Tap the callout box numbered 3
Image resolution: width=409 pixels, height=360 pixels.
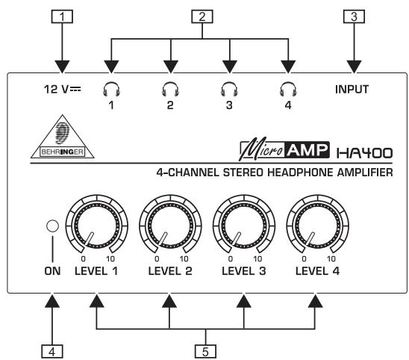coord(352,16)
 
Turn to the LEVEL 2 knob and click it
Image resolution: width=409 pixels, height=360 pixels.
coord(169,229)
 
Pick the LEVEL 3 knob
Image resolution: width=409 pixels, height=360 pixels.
coord(242,229)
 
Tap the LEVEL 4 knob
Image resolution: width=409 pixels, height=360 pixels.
coord(314,229)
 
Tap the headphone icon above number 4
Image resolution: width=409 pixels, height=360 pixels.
coord(287,91)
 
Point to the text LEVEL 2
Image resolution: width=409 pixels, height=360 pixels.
coord(169,270)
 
